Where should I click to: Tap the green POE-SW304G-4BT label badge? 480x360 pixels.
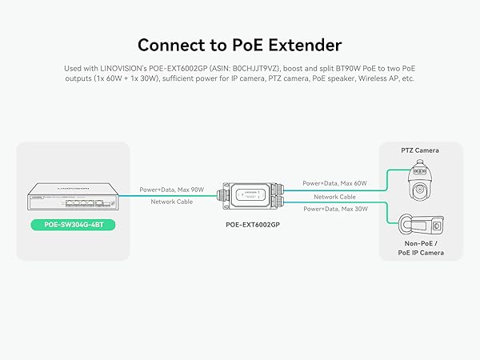tap(72, 225)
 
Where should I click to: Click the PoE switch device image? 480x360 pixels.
tap(72, 196)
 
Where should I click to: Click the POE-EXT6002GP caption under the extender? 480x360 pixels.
tap(254, 226)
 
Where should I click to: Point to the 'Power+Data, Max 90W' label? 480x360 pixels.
tap(172, 190)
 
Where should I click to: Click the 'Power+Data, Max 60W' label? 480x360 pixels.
tap(334, 183)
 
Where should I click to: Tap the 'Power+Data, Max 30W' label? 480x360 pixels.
tap(334, 208)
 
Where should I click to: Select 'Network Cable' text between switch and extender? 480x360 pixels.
tap(172, 202)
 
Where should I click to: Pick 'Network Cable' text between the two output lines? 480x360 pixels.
tap(334, 196)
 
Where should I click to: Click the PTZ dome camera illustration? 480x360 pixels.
tap(419, 180)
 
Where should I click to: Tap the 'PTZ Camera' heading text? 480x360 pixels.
tap(419, 150)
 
